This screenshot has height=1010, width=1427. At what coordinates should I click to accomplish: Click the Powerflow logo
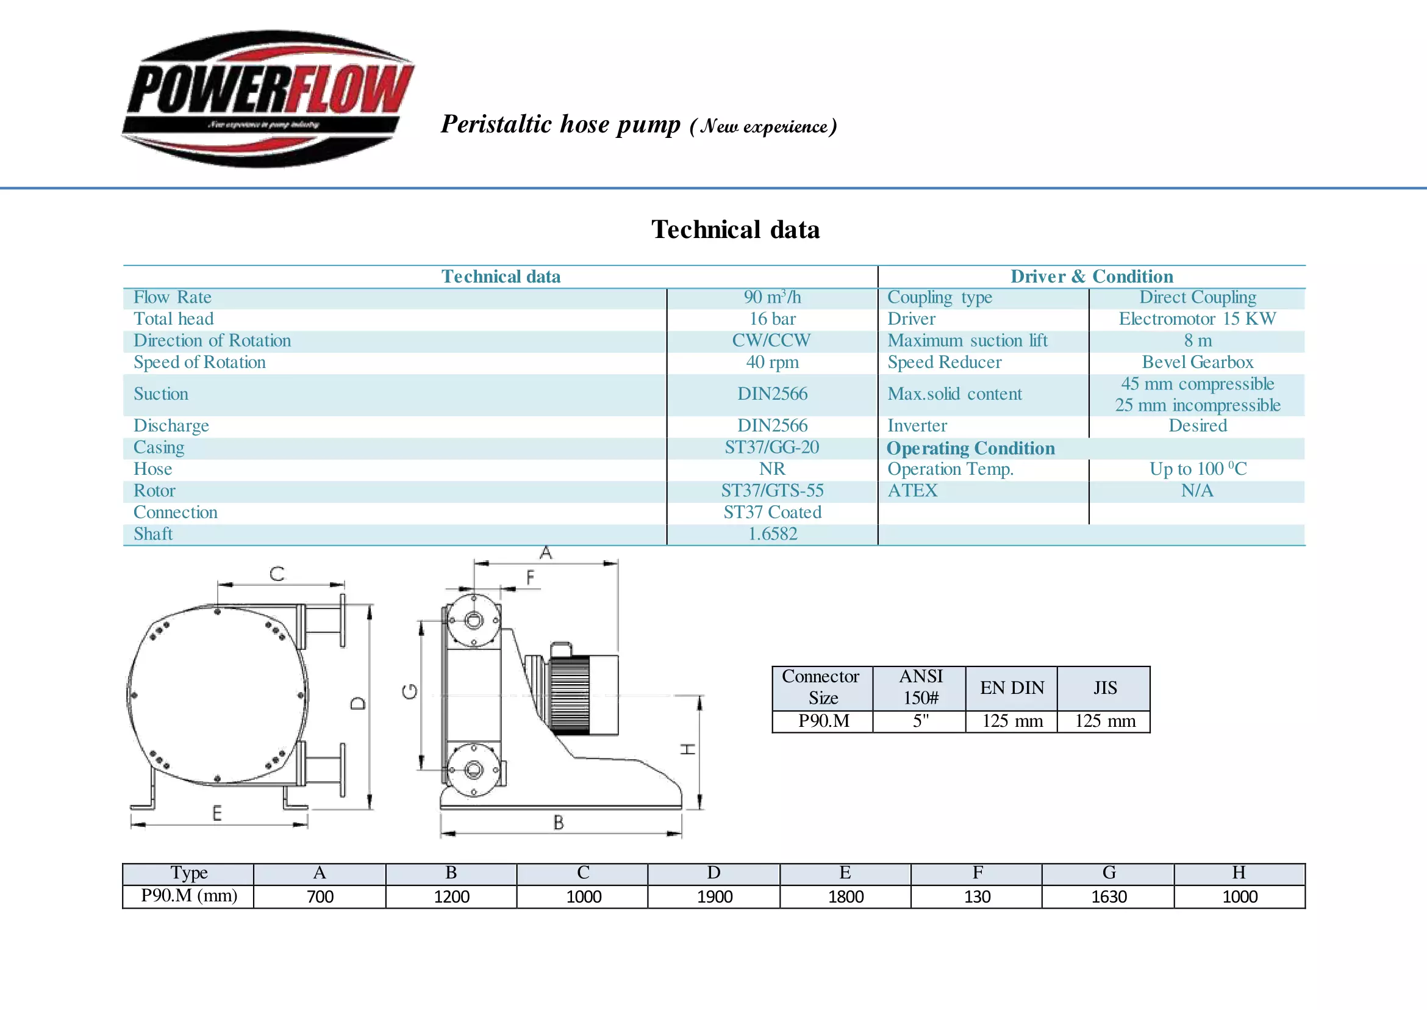[x=268, y=98]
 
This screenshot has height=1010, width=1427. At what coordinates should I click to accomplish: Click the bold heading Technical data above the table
[x=735, y=229]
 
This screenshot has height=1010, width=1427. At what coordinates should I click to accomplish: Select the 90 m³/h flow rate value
[x=772, y=297]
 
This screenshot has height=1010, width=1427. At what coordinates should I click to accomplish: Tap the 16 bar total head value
[x=772, y=319]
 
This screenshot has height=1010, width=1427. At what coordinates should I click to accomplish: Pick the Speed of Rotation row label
[x=199, y=362]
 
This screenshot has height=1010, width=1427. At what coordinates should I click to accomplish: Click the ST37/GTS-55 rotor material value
[x=772, y=491]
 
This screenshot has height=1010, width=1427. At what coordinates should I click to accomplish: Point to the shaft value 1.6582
[x=772, y=534]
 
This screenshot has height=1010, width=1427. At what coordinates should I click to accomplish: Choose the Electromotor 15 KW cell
[x=1197, y=319]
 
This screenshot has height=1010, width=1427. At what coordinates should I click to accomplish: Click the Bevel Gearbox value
[x=1197, y=362]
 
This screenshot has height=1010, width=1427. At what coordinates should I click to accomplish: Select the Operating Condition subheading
[x=970, y=449]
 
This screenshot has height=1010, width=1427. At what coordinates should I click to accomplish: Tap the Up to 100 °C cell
[x=1197, y=469]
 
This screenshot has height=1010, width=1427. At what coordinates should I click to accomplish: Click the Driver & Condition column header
[x=1092, y=276]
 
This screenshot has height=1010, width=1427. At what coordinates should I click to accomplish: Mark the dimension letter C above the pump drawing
[x=277, y=574]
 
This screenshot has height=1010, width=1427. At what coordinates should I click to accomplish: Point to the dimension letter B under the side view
[x=559, y=823]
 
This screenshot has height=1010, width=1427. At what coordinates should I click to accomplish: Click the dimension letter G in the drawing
[x=410, y=691]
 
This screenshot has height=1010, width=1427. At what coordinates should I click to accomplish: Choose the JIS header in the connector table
[x=1104, y=688]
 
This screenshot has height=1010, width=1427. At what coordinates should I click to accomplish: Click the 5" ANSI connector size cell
[x=920, y=721]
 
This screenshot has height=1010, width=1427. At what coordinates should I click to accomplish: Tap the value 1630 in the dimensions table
[x=1108, y=897]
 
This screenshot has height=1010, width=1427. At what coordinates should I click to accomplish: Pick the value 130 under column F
[x=976, y=897]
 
